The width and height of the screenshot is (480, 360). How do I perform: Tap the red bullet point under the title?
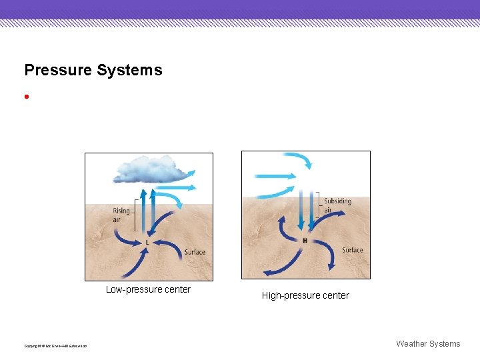[x=26, y=96]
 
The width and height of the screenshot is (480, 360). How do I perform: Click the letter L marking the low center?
[x=147, y=242]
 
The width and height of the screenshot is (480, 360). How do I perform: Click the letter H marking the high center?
[x=305, y=240]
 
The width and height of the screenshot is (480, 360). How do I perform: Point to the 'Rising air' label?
[x=121, y=215]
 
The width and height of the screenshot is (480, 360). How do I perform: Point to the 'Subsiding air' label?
[x=337, y=205]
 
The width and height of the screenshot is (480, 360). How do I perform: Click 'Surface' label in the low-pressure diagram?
[x=195, y=252]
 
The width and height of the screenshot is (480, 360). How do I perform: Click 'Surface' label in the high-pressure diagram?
[x=352, y=250]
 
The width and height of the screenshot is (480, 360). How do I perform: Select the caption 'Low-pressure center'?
[x=148, y=289]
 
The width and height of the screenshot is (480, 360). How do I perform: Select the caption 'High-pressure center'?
[x=305, y=295]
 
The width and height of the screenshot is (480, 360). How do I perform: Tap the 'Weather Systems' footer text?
[x=428, y=344]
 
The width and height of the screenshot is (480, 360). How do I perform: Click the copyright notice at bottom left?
[x=55, y=345]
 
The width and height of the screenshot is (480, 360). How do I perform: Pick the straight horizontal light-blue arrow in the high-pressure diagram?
[x=275, y=176]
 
